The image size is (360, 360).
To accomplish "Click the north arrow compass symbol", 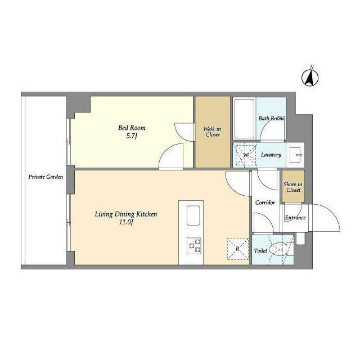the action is pos(310,78).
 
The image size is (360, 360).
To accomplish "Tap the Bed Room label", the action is pos(132,128).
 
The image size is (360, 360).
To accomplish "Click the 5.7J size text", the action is pos(132,136).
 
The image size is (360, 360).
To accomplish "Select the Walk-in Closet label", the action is pos(213,132).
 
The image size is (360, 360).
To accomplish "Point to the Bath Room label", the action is pos(271,119).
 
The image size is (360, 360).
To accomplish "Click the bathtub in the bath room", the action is pos(244,119).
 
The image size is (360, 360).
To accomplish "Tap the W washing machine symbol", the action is pos(245,155).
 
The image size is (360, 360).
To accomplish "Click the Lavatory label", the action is pos(271,155).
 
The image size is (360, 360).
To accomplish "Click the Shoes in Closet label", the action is pos(293,187).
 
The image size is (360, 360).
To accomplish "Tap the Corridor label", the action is pos(265,202).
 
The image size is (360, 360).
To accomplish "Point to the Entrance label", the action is pos(295,218).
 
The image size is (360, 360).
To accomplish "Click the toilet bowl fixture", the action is pos(278,249).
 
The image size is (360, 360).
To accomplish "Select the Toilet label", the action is pos(260,251).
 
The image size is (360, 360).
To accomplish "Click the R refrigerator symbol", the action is pos(238,249).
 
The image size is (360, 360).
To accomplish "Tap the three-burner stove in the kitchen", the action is pos(194,246).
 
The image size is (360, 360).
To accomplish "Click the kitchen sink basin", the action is pos(193,215).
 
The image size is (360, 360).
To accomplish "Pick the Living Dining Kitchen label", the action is pos(126,214).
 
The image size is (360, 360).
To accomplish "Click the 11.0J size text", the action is pos(126,222).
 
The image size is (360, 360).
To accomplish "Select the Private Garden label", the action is pos(46,177).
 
